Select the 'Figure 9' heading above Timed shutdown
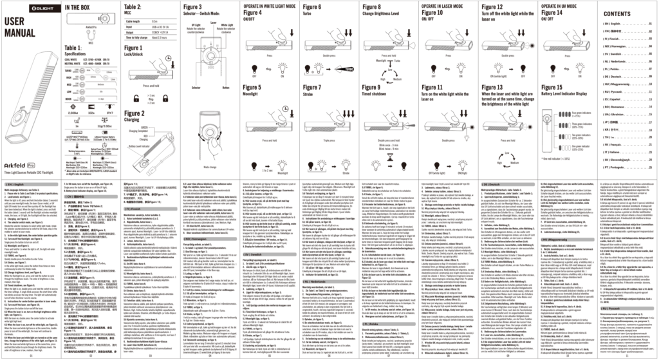(374, 86)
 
